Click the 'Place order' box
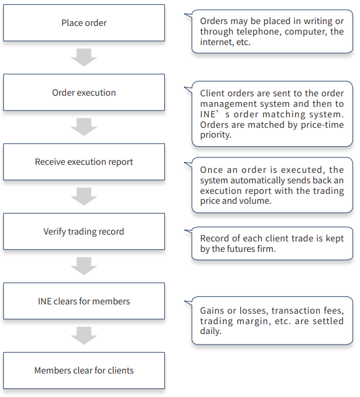tap(84, 23)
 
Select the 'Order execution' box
tap(84, 93)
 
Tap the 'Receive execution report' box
tap(84, 162)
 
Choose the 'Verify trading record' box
tap(84, 232)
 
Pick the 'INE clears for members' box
tap(84, 301)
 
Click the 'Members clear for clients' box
tap(84, 370)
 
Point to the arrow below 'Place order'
tap(84, 57)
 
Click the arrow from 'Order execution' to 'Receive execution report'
tap(84, 127)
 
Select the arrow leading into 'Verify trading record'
tap(84, 196)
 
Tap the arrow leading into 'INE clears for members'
tap(84, 266)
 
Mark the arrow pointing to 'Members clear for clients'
tap(84, 336)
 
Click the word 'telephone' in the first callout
tap(259, 32)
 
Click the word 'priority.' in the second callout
tap(216, 135)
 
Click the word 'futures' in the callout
tap(240, 249)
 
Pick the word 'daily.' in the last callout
tap(211, 331)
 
